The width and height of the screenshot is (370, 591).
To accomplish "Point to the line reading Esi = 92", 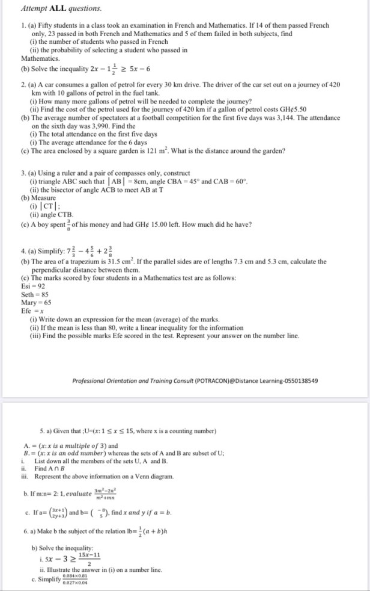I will coord(34,286).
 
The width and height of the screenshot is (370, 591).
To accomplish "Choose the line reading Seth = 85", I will coord(35,294).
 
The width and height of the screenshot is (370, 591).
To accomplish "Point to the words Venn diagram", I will coord(154,476).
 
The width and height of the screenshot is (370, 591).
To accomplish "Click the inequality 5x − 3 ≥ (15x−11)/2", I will coord(70,555).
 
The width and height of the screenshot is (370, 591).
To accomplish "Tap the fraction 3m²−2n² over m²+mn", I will coord(115,494).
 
